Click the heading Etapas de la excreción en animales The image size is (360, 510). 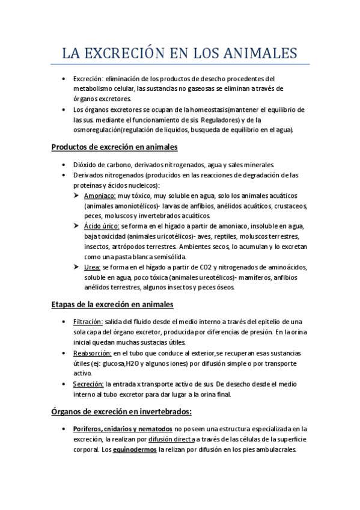pos(112,304)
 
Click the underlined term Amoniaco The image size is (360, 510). pos(100,196)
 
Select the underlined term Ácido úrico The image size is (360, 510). pos(102,226)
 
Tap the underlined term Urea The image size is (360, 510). pos(93,266)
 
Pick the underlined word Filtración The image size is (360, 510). pos(88,322)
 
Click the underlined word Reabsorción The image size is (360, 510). pos(92,352)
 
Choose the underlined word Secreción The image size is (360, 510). pos(88,383)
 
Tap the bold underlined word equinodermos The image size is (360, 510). pos(135,449)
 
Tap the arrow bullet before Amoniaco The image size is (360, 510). pos(76,196)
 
